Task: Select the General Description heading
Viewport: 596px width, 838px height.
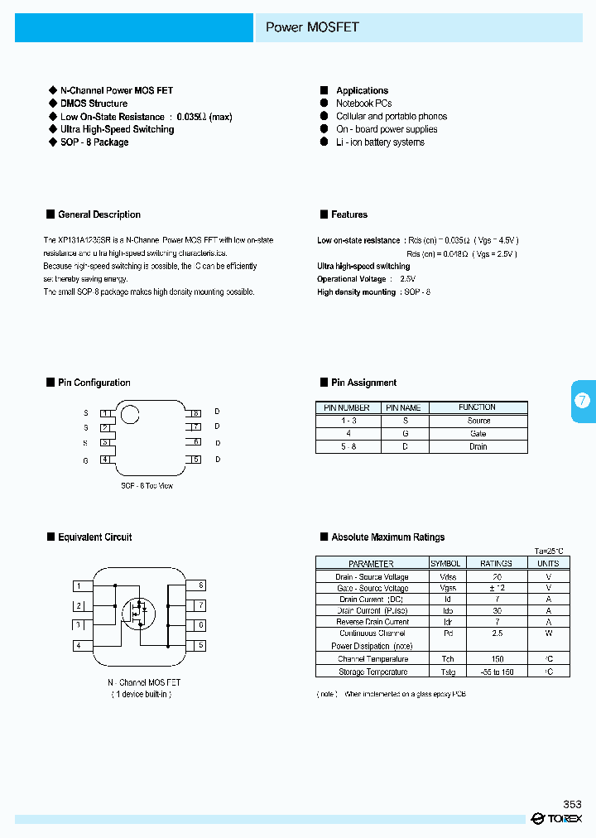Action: pyautogui.click(x=99, y=214)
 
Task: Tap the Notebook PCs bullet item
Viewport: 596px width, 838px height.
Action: pyautogui.click(x=363, y=104)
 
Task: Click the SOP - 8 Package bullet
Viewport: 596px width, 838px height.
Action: pyautogui.click(x=94, y=142)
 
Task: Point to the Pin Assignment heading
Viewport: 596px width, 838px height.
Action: pyautogui.click(x=363, y=383)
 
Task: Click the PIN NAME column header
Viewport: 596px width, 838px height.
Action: pyautogui.click(x=403, y=407)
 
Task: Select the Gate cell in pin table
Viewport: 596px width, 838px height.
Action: pyautogui.click(x=478, y=434)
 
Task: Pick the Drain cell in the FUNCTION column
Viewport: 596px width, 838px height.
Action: pyautogui.click(x=478, y=446)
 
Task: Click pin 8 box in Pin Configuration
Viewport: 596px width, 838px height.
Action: pyautogui.click(x=195, y=412)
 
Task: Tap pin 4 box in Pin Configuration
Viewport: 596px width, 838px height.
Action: pyautogui.click(x=105, y=460)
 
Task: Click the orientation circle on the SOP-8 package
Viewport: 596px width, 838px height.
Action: pyautogui.click(x=130, y=414)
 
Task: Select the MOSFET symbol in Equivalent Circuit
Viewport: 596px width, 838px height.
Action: pyautogui.click(x=138, y=613)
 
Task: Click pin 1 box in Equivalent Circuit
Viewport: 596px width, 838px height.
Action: pyautogui.click(x=79, y=586)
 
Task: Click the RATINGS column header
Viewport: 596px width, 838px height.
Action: pyautogui.click(x=496, y=563)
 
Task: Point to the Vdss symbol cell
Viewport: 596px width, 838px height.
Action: pyautogui.click(x=447, y=576)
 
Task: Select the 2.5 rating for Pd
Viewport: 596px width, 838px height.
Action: pyautogui.click(x=496, y=633)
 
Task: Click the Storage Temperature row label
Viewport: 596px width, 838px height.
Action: pyautogui.click(x=372, y=672)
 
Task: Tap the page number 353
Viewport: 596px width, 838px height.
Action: pyautogui.click(x=572, y=804)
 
